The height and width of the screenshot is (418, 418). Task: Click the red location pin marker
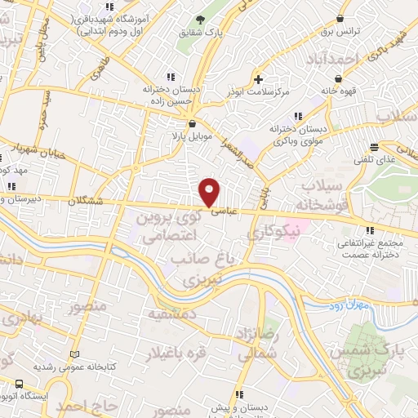(210, 191)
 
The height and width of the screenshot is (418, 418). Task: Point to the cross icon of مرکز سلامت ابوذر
(259, 79)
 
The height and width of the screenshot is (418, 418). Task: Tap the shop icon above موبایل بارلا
(192, 123)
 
